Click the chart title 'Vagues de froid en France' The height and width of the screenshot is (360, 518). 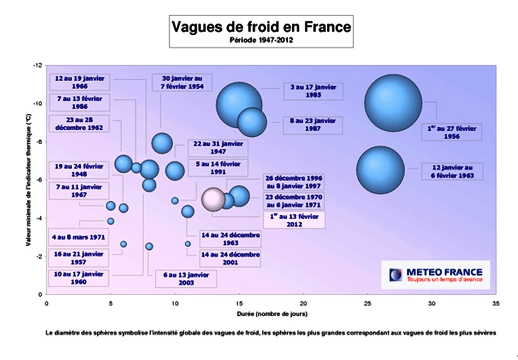[261, 26]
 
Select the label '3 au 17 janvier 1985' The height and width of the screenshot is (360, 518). [313, 91]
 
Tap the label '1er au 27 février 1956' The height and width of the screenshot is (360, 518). [452, 132]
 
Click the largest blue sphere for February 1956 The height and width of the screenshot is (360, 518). [393, 103]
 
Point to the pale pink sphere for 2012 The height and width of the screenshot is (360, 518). [213, 199]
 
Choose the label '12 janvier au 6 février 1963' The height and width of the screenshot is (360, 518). [453, 172]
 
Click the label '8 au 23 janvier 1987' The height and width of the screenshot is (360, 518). [313, 124]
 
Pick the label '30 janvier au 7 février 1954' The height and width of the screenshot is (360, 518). [182, 83]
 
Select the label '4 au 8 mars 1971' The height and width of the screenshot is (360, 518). [79, 237]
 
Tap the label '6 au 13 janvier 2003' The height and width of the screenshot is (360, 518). [186, 279]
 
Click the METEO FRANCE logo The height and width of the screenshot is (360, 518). [435, 275]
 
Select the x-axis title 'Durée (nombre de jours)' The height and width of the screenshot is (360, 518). [272, 314]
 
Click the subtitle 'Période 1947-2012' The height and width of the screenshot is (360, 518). [261, 39]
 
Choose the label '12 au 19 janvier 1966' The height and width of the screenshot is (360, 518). [79, 82]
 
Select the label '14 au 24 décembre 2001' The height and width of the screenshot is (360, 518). [231, 258]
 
